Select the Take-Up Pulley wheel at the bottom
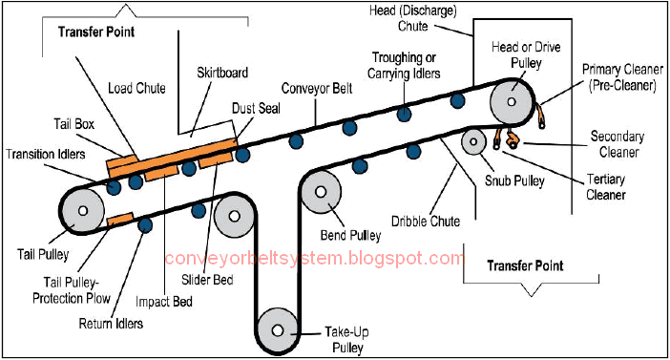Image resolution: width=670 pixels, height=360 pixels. pyautogui.click(x=277, y=330)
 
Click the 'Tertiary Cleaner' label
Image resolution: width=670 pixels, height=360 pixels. pyautogui.click(x=605, y=187)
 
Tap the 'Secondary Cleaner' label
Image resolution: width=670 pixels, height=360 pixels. pyautogui.click(x=615, y=143)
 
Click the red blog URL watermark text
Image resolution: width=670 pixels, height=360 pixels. pyautogui.click(x=314, y=259)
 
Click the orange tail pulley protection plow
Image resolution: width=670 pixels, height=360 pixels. pyautogui.click(x=120, y=220)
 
